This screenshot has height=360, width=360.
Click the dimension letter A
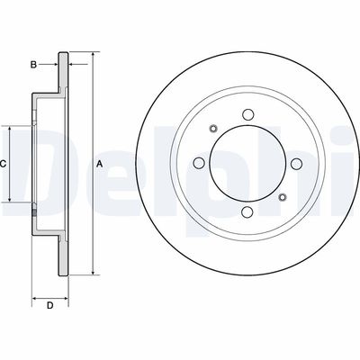(99, 163)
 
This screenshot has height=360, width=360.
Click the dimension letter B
(34, 65)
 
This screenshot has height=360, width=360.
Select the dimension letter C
(4, 163)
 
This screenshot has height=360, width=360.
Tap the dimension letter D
(50, 306)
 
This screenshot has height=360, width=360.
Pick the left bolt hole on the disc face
(198, 163)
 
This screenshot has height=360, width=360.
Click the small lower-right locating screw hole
(282, 197)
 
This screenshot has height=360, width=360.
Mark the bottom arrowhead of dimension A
(92, 271)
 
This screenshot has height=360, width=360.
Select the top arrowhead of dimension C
(11, 127)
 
